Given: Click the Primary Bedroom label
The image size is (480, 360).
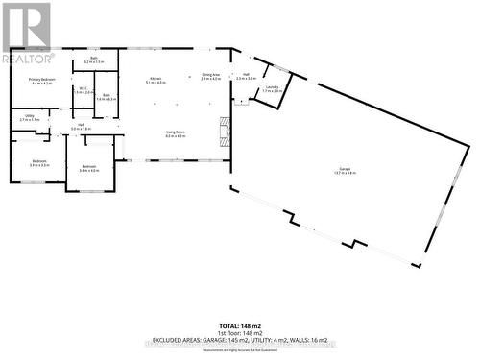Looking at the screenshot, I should pos(40,80).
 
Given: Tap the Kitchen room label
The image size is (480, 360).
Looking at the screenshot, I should pos(155,79).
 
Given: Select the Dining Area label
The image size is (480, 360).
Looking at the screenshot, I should pos(211,74).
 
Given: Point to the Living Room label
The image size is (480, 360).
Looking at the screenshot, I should pos(175,133).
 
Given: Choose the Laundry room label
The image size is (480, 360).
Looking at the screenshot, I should pos(273,87).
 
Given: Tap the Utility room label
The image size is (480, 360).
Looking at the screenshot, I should pos(29,117).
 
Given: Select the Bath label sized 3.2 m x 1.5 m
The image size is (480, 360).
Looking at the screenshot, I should pos(94,60).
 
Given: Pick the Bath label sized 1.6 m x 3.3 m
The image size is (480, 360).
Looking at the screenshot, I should pos(108,96).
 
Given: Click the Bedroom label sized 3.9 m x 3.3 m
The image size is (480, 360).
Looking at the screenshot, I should pos(39,162).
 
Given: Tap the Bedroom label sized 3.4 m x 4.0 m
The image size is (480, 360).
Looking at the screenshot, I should pos(88,167).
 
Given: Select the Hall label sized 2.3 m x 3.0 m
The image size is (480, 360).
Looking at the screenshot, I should pos(246,75).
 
